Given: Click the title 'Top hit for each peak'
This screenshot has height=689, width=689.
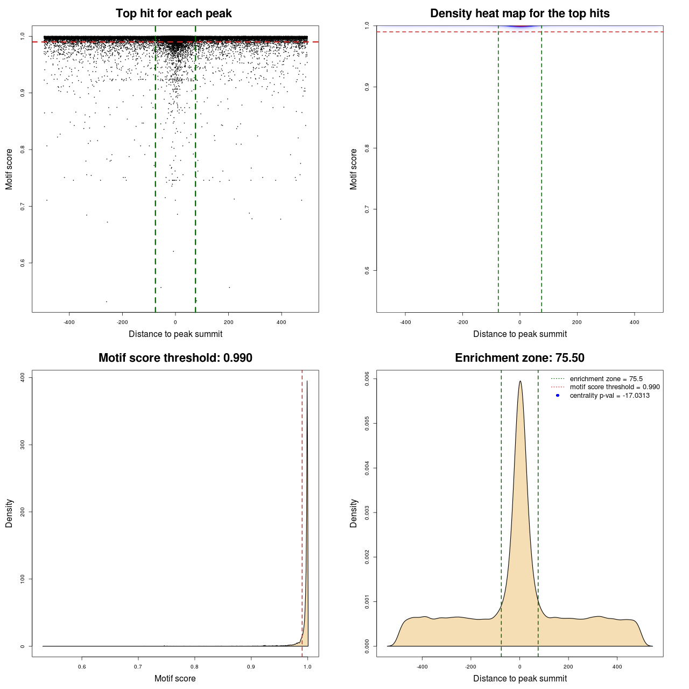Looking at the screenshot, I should click(174, 13).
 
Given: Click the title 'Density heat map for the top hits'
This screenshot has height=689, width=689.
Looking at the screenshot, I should click(519, 13).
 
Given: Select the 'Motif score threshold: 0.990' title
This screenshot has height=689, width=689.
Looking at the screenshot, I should click(175, 358).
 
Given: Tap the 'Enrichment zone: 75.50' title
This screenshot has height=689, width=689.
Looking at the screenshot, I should click(519, 358).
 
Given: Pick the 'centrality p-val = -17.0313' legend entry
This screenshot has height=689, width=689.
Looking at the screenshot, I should click(609, 396).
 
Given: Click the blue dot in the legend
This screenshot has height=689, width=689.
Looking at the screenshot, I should click(558, 396).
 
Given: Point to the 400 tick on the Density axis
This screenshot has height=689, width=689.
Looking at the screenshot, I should click(23, 377).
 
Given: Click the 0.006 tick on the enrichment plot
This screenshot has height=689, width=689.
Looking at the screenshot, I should click(367, 379).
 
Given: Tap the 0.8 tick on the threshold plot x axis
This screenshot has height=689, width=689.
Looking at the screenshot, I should click(195, 666).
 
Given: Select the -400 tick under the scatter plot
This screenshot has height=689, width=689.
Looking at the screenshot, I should click(69, 322).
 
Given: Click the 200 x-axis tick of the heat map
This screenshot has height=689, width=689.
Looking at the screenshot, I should click(577, 322).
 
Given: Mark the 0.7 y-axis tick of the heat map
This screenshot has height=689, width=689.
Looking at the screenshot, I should click(367, 209).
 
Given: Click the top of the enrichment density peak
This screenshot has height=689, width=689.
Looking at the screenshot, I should click(520, 382).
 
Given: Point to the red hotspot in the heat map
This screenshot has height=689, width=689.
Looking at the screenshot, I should click(520, 25).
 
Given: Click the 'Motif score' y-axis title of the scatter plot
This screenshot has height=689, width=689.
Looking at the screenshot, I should click(9, 169).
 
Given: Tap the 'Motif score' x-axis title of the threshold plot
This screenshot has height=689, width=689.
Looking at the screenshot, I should click(175, 678).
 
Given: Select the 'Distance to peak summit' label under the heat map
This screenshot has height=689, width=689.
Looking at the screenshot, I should click(519, 334).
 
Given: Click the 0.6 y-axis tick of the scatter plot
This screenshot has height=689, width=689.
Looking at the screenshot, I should click(23, 263).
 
